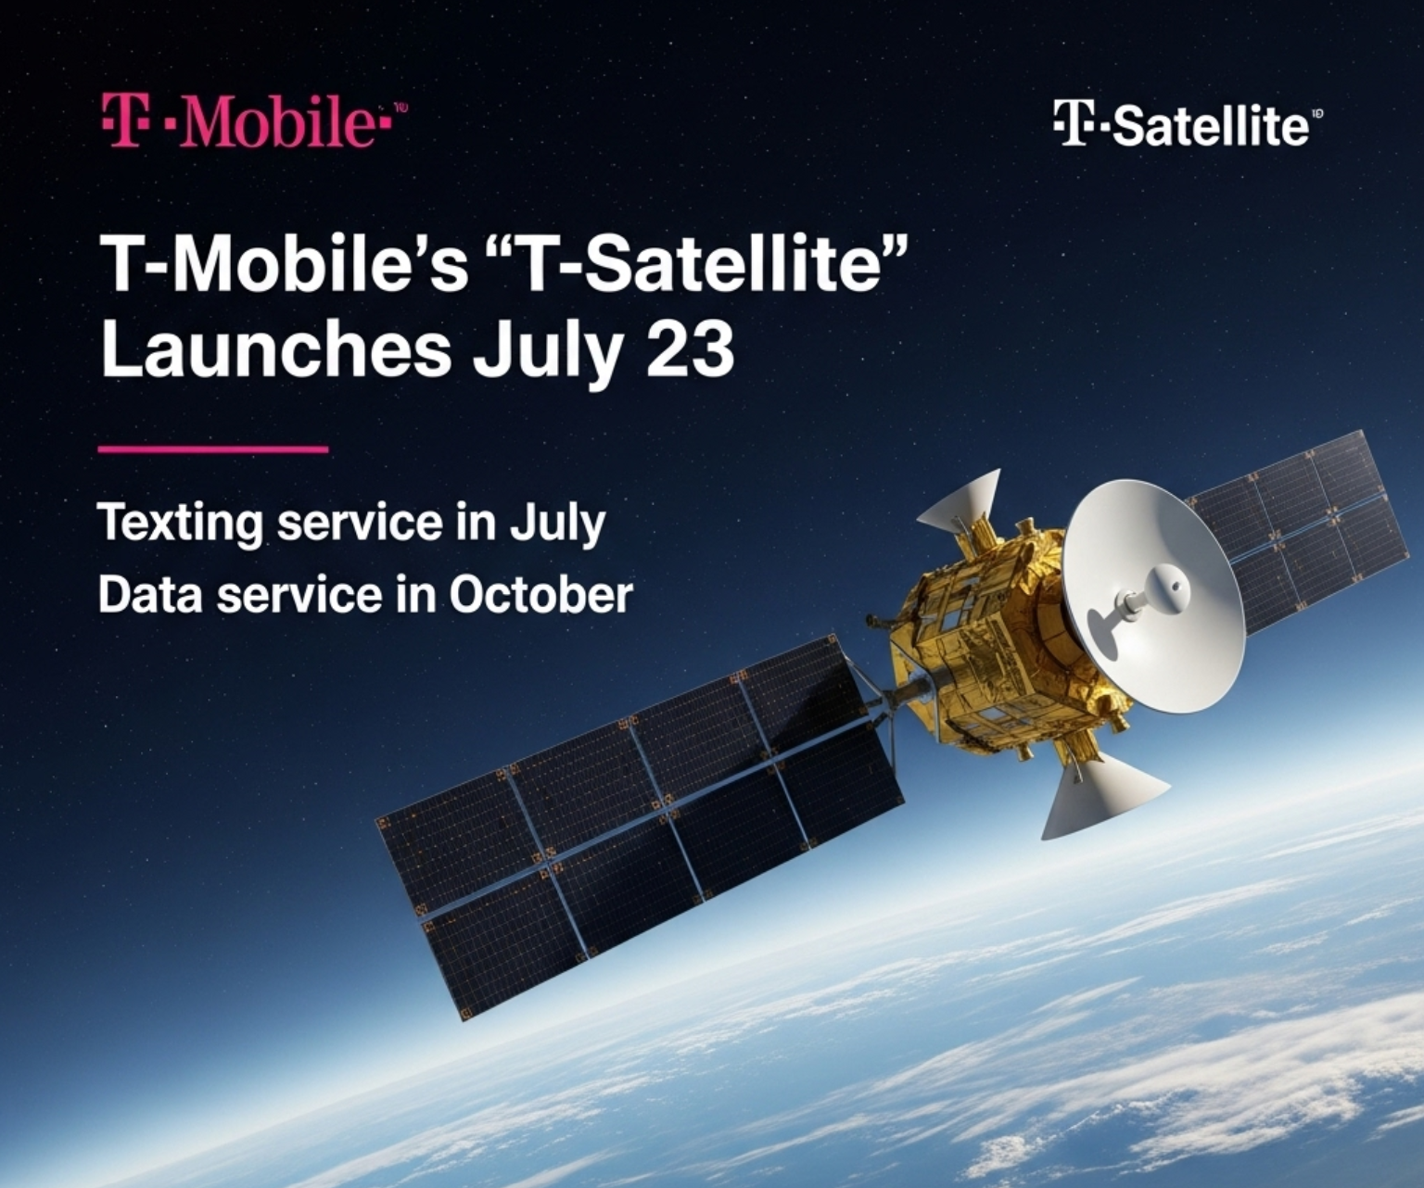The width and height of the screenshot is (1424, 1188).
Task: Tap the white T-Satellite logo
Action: pyautogui.click(x=1183, y=124)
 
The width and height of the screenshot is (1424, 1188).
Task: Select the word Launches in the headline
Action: pyautogui.click(x=275, y=350)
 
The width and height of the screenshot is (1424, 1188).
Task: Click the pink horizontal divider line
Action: pyautogui.click(x=213, y=449)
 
